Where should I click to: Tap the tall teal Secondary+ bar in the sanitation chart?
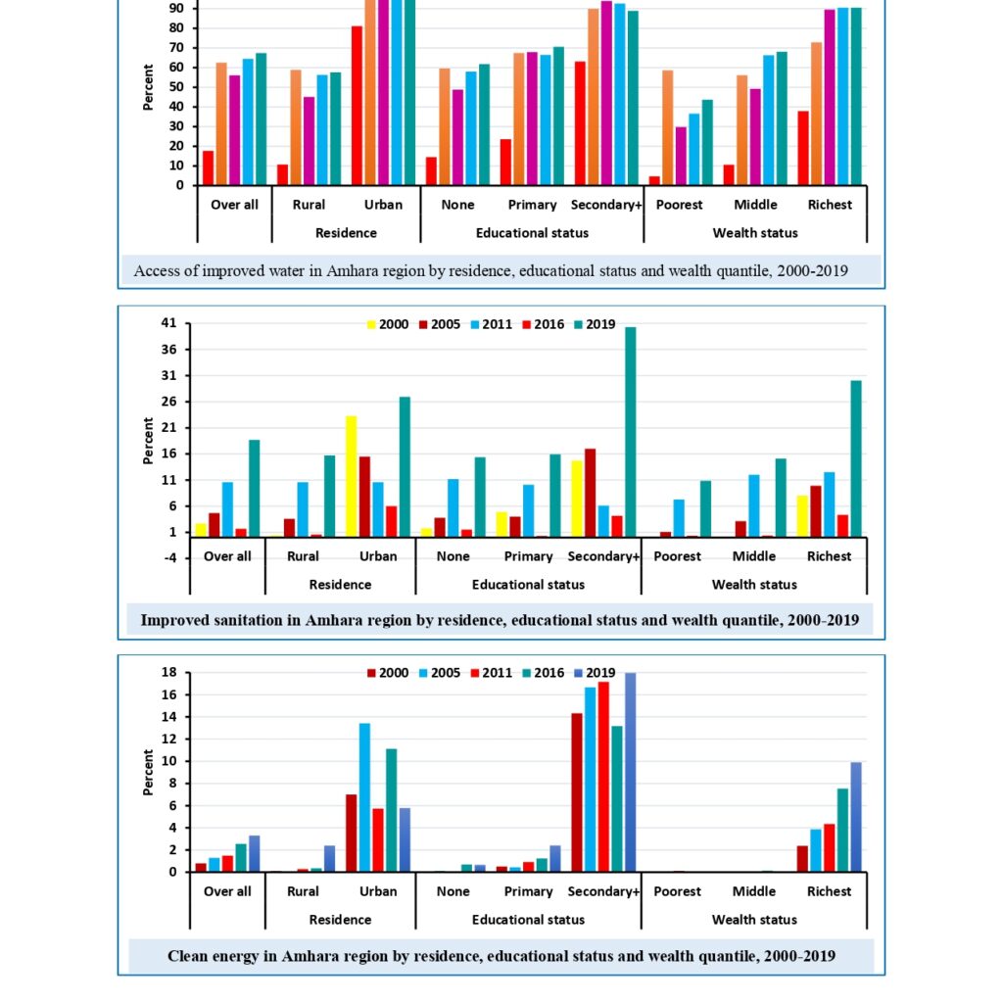[x=631, y=431]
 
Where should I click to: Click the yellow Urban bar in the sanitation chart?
[x=352, y=476]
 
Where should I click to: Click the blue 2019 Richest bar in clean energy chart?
[x=856, y=817]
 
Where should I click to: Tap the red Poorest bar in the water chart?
[x=653, y=180]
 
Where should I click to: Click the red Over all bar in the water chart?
[x=208, y=167]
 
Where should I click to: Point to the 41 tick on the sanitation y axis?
[x=168, y=323]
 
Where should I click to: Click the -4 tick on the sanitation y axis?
[x=168, y=557]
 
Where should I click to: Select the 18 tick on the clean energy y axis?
[x=168, y=673]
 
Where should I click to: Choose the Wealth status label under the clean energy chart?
[x=754, y=920]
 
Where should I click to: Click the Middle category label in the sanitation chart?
[x=754, y=556]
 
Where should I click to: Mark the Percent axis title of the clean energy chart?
[x=149, y=772]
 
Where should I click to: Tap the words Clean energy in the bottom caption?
[x=213, y=956]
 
